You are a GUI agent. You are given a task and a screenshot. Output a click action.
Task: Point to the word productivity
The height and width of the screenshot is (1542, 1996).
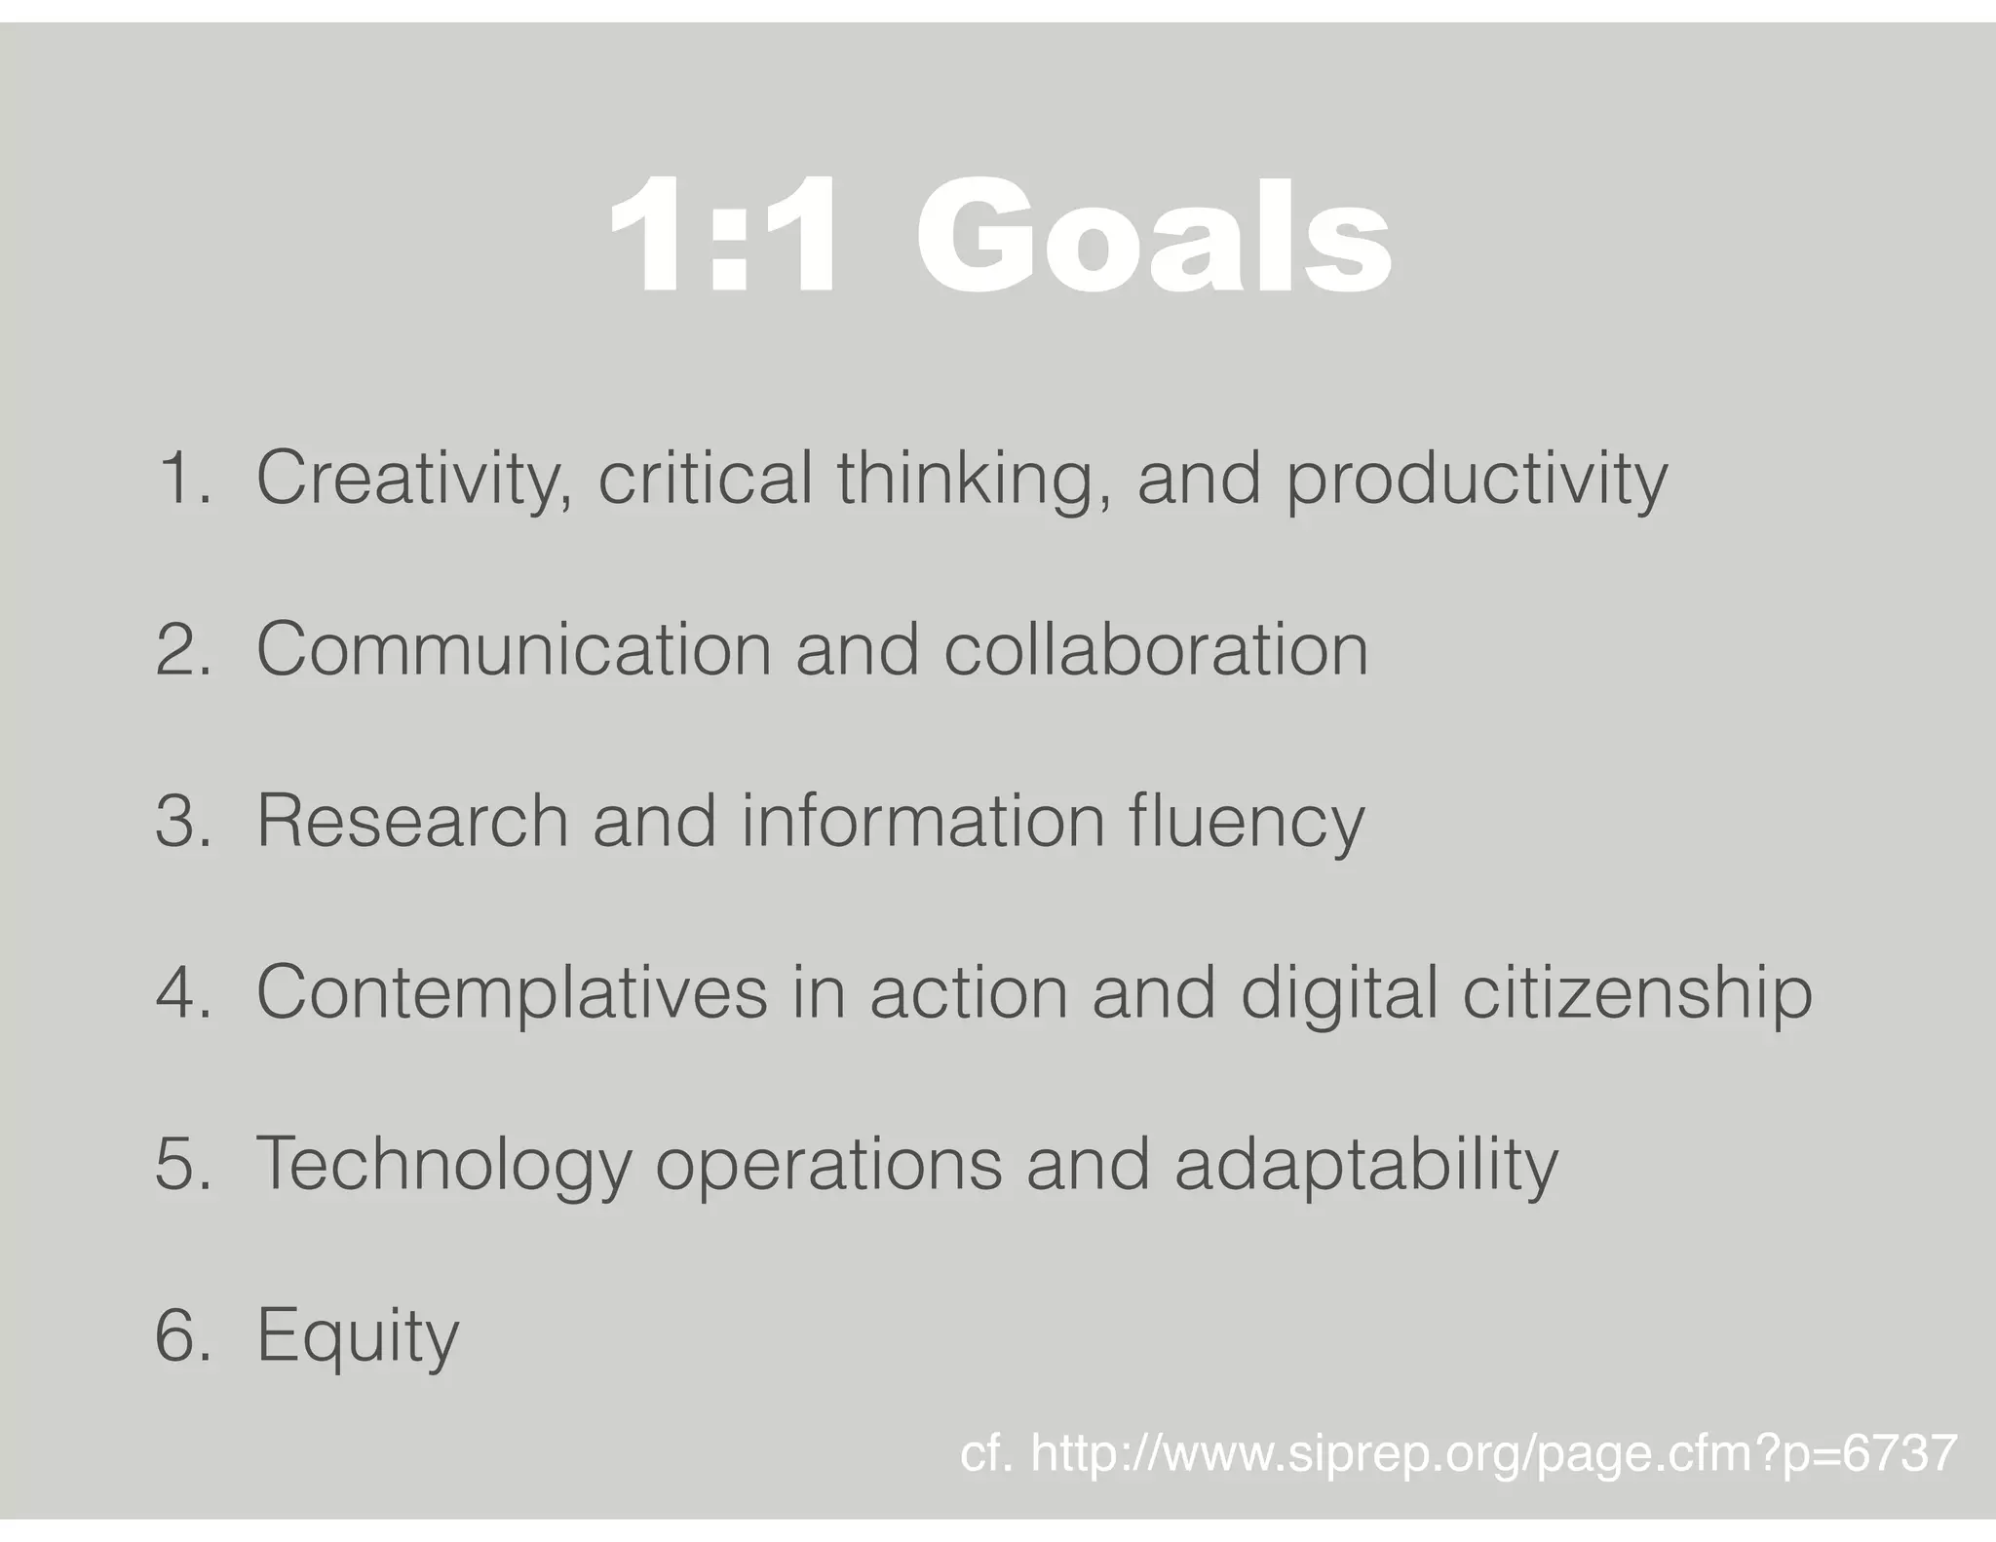(1477, 479)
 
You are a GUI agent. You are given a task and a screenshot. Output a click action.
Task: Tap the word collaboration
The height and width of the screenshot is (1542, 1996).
(1156, 649)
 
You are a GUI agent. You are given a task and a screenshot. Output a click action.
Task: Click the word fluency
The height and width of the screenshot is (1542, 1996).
(1247, 821)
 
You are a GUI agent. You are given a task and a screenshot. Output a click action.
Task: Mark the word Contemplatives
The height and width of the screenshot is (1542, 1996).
(512, 992)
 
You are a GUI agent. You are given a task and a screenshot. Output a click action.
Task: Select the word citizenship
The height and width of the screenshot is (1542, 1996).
(1637, 992)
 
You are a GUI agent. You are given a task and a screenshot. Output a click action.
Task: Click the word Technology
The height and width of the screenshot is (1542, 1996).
(443, 1164)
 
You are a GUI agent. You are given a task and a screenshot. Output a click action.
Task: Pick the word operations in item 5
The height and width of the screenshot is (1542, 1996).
(828, 1164)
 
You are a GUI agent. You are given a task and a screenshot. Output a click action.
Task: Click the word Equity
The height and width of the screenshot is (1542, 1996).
(357, 1335)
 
